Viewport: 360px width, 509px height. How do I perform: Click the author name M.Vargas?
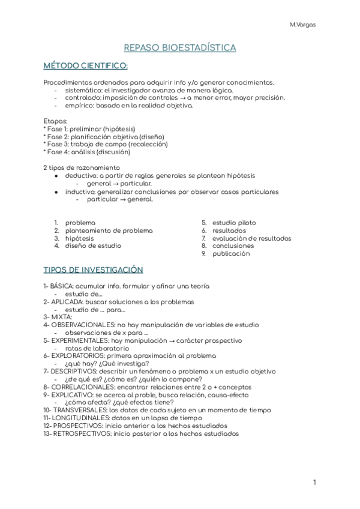302,25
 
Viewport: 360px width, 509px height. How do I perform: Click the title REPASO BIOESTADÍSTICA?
180,47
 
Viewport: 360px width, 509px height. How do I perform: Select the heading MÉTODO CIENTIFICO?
85,65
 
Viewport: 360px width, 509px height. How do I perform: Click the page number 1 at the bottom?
314,482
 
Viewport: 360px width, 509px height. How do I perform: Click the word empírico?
79,106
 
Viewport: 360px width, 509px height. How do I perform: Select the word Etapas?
55,121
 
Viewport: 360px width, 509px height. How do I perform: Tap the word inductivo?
80,191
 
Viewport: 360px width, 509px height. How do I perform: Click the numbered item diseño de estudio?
93,245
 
